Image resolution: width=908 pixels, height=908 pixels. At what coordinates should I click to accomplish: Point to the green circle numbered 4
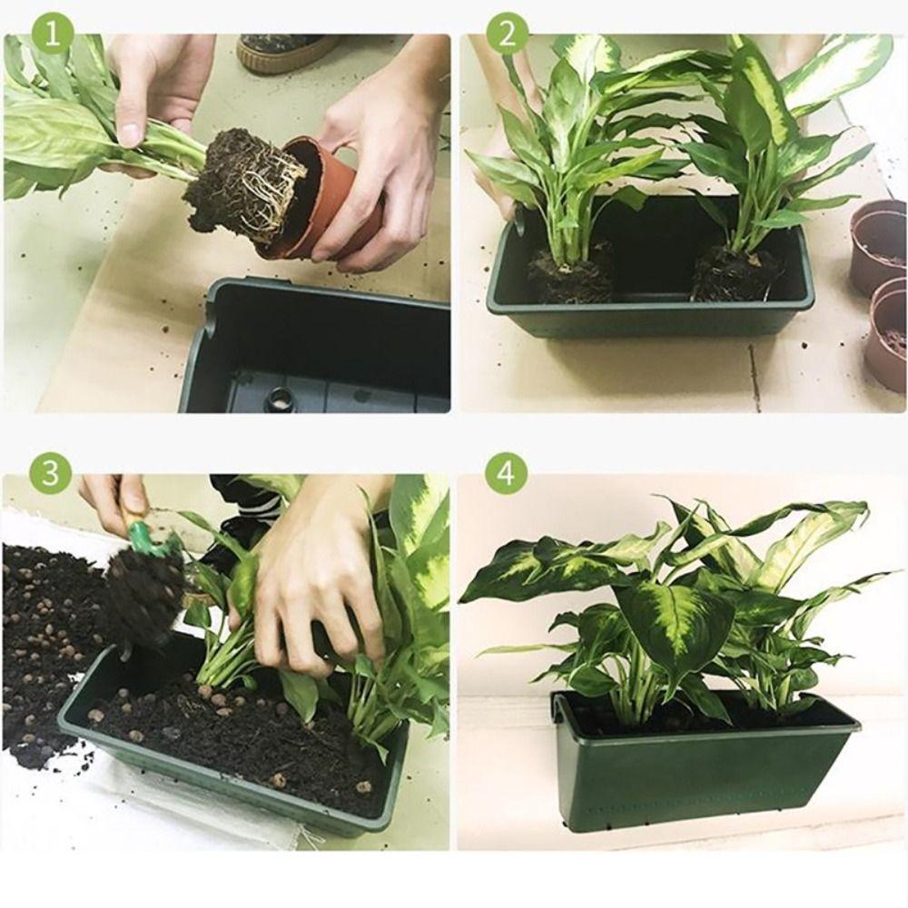507,472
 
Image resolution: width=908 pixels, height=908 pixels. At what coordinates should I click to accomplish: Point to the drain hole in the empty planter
280,398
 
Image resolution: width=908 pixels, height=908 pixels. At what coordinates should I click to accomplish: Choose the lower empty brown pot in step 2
887,331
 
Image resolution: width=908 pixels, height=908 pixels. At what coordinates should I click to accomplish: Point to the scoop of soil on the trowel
145,595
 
